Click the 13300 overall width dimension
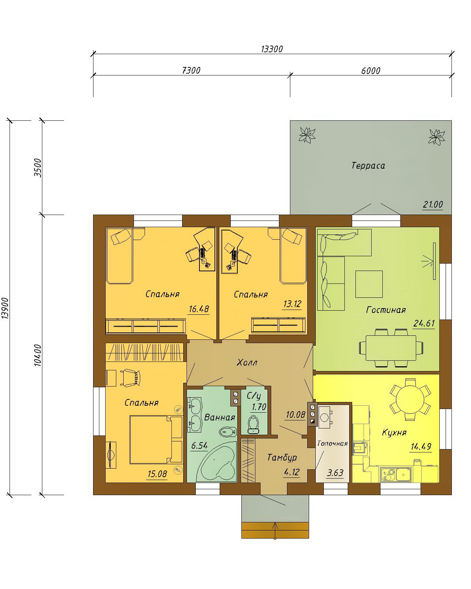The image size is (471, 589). click(272, 49)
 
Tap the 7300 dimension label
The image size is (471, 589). click(191, 70)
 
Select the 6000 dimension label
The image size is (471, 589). click(371, 71)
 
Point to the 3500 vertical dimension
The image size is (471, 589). click(38, 168)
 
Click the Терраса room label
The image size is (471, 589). click(368, 166)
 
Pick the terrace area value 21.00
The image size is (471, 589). click(433, 204)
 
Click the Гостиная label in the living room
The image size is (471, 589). click(386, 310)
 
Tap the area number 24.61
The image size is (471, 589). click(424, 323)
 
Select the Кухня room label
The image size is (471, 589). click(394, 433)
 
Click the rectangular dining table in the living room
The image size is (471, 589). click(391, 348)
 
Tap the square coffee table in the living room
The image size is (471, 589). click(369, 284)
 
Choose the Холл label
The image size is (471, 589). click(247, 363)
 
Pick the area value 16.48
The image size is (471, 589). click(199, 309)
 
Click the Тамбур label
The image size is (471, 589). click(282, 457)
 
